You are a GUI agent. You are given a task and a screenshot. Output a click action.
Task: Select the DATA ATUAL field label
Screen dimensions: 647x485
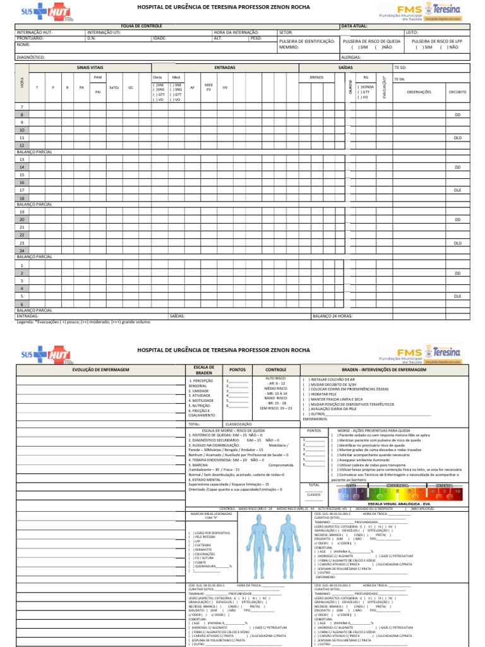354,26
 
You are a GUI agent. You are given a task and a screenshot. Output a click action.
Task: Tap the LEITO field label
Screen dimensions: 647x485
412,32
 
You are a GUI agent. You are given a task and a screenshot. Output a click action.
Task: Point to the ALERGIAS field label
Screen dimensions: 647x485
352,57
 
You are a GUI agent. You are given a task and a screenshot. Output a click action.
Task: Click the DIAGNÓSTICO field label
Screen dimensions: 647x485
30,57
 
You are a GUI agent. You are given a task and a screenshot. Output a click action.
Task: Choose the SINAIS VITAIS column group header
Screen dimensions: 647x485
90,66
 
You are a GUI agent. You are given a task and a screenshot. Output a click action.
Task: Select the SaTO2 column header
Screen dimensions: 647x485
114,87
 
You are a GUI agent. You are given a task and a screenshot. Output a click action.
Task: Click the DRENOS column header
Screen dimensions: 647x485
316,77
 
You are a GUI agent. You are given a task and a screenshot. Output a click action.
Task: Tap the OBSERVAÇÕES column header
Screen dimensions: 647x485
419,92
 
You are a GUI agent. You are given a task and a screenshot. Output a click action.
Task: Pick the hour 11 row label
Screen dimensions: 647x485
21,137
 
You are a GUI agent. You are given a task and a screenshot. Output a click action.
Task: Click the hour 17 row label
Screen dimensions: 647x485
21,190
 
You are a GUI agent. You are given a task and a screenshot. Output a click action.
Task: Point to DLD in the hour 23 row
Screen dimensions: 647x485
458,243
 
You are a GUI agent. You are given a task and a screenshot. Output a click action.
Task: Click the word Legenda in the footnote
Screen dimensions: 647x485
25,321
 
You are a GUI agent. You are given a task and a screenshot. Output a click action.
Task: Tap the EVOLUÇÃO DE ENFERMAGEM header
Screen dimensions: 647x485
101,370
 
